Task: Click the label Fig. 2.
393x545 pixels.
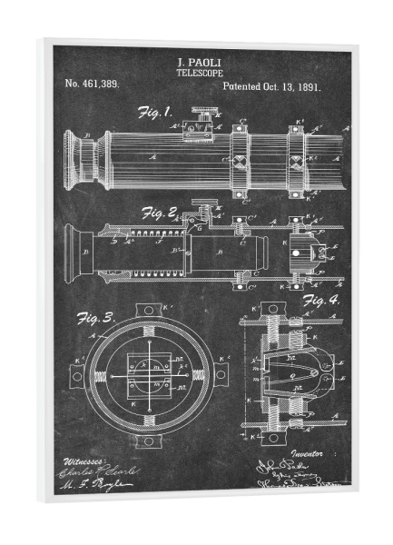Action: click(x=159, y=214)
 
